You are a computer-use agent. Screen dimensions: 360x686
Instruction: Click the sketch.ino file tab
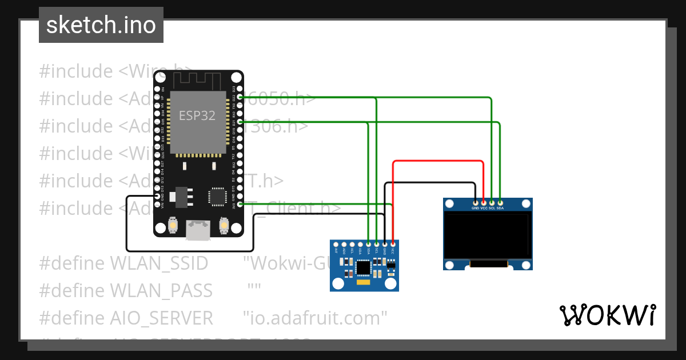(x=101, y=25)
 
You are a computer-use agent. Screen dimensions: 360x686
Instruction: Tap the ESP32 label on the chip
(x=197, y=115)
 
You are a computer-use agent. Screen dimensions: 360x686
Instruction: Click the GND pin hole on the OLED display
(x=475, y=202)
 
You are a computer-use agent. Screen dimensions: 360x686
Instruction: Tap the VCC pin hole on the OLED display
(x=484, y=202)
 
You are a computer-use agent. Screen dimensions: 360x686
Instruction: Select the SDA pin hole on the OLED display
(x=500, y=202)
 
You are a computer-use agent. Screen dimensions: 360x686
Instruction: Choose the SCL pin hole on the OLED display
(x=492, y=202)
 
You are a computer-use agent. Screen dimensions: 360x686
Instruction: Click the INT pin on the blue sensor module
(x=336, y=244)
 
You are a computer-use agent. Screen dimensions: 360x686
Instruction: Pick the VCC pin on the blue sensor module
(x=393, y=244)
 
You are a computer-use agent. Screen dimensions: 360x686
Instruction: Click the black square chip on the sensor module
(x=362, y=267)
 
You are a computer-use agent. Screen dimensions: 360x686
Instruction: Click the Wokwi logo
(x=607, y=315)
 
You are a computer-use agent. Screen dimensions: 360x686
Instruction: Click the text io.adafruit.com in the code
(x=315, y=317)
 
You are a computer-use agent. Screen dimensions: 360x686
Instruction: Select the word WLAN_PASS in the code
(x=161, y=290)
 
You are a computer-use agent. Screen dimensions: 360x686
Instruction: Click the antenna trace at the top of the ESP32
(x=197, y=78)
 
